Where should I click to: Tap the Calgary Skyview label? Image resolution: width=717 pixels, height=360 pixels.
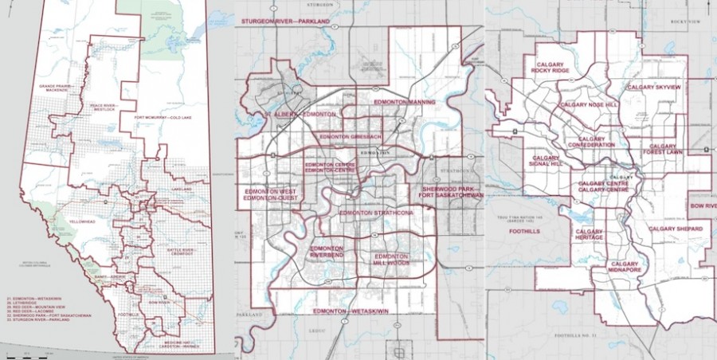coord(653,86)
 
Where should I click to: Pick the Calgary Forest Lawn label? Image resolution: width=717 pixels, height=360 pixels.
coord(662,151)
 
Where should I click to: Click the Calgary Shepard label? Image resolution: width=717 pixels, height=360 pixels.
coord(676,229)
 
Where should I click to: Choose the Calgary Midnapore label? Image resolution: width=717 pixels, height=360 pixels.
coord(626,268)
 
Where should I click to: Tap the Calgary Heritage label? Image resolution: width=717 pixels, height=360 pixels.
coord(589,235)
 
